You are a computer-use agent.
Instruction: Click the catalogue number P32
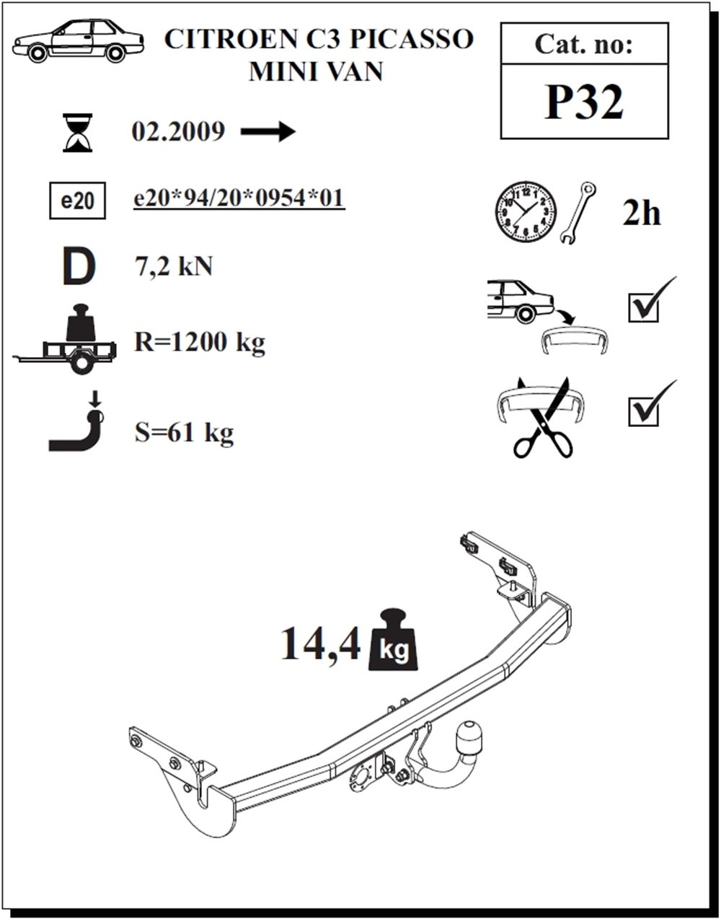click(583, 102)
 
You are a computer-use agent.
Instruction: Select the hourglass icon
click(77, 133)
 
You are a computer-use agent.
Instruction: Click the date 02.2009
click(178, 131)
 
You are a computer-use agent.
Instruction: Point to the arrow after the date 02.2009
click(268, 131)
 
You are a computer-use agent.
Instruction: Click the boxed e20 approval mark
click(77, 201)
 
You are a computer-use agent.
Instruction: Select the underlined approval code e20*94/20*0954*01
click(239, 198)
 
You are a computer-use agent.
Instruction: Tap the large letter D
click(79, 267)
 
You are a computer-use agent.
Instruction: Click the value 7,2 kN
click(173, 267)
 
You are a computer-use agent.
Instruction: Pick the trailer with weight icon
click(64, 338)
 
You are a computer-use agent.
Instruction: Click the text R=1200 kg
click(200, 342)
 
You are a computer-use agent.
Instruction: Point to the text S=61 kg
click(184, 433)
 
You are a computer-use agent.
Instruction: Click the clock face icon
click(526, 212)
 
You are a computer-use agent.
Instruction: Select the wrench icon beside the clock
click(578, 212)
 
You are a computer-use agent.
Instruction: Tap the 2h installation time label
click(642, 214)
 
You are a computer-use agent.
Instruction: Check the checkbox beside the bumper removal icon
click(643, 308)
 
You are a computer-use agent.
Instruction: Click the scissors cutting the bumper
click(542, 417)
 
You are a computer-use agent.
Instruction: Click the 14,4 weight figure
click(320, 643)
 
